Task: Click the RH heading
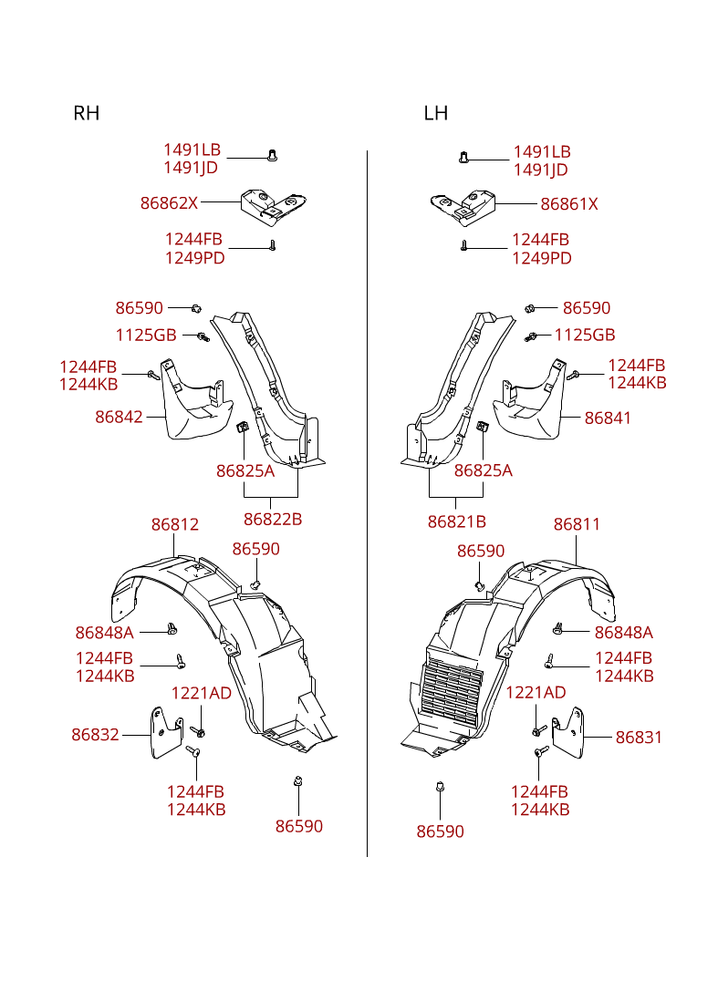point(87,113)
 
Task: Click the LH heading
point(436,113)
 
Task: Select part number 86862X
point(169,202)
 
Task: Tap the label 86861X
point(569,204)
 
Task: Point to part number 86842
point(119,417)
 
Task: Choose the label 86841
point(608,418)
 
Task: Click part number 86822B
point(273,520)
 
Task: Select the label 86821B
point(457,521)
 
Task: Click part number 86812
point(175,524)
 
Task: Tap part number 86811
point(578,524)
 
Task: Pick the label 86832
point(95,735)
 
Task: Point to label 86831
point(639,737)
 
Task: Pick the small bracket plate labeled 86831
point(568,733)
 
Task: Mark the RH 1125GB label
point(146,336)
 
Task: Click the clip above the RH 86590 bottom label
point(298,781)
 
